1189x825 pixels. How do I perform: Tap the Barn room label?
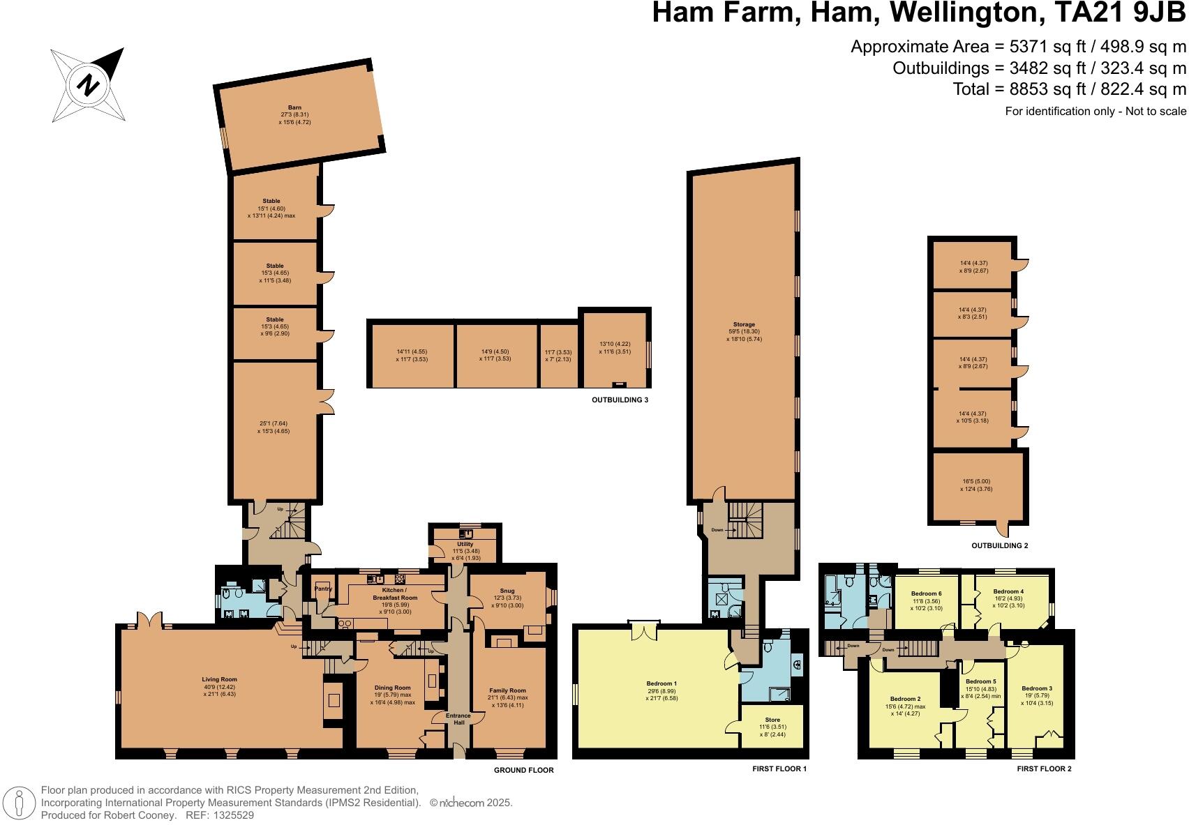coord(294,108)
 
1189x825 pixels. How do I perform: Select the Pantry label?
coord(322,589)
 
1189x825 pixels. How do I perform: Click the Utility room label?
coord(465,544)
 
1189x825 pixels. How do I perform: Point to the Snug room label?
coord(507,591)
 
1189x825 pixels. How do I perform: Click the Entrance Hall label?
coord(458,719)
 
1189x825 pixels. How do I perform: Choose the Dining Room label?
coord(392,688)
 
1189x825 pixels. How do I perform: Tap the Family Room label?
coord(507,690)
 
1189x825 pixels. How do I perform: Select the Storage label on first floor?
coord(744,324)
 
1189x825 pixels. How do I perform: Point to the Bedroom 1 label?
coord(661,683)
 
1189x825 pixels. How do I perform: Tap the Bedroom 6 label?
coord(927,593)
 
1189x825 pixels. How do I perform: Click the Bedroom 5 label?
coord(980,681)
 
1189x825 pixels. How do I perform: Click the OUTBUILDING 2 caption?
coord(999,545)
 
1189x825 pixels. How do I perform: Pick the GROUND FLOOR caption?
coord(523,770)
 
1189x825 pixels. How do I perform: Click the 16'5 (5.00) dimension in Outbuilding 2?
coord(975,481)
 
